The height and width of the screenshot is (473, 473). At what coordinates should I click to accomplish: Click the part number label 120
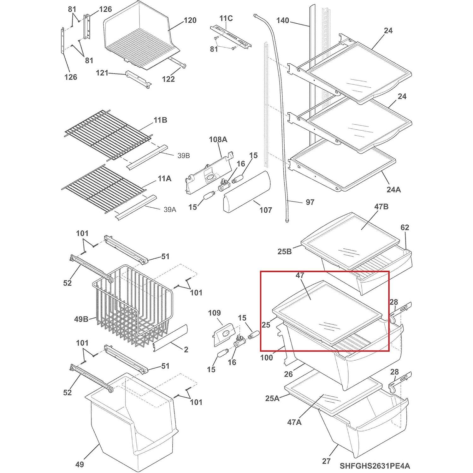190,21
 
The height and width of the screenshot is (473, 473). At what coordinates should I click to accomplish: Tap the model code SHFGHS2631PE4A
375,465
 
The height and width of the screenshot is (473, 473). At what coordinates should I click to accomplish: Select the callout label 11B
160,120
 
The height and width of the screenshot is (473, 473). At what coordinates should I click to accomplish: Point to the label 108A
218,139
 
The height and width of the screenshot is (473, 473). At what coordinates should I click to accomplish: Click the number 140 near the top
282,21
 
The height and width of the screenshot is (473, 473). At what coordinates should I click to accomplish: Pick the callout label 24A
393,189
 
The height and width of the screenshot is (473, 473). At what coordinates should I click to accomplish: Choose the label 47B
381,207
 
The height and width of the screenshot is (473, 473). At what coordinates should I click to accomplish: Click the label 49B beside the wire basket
81,319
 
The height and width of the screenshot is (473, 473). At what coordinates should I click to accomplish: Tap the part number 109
214,313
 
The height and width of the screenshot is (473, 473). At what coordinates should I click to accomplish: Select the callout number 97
310,202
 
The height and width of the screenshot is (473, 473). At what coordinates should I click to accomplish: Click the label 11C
226,18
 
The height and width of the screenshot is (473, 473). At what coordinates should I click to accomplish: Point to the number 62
405,227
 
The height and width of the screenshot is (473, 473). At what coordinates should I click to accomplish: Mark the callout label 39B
183,156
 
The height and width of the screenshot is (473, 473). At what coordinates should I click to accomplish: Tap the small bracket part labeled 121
138,79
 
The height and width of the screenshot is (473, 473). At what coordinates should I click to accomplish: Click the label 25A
272,398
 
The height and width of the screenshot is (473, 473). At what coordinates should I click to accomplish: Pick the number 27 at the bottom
326,461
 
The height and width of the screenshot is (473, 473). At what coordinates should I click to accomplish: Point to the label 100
267,358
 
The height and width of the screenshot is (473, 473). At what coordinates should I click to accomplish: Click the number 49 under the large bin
80,464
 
